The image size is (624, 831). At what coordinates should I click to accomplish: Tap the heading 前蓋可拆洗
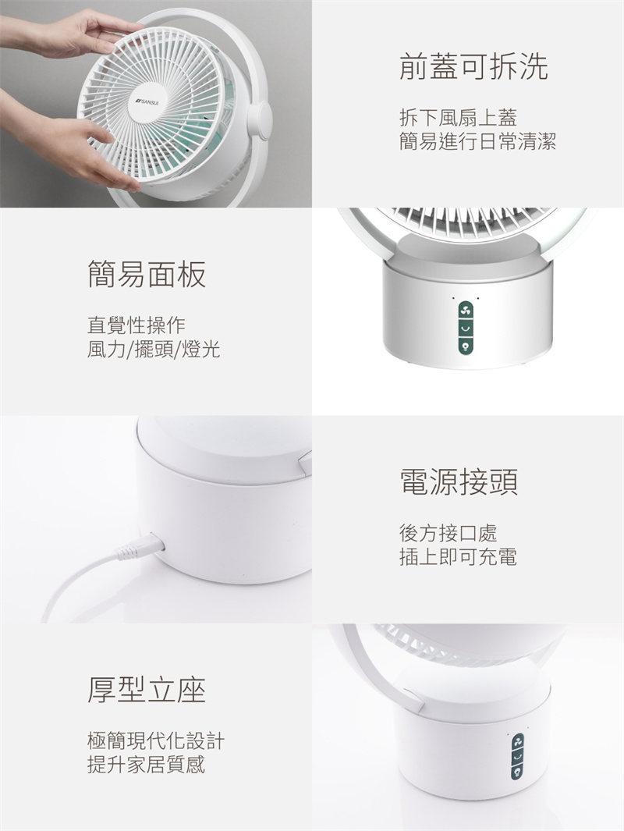pyautogui.click(x=473, y=66)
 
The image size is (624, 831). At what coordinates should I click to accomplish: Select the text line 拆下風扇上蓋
pyautogui.click(x=458, y=118)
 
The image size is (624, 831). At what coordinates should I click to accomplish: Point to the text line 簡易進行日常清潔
pyautogui.click(x=478, y=141)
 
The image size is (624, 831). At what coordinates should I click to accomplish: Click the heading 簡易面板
pyautogui.click(x=147, y=274)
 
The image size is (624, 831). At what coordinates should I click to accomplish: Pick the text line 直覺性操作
pyautogui.click(x=136, y=325)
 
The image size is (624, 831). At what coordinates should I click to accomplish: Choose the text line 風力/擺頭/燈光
pyautogui.click(x=154, y=350)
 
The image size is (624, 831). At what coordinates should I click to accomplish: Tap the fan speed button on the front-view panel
pyautogui.click(x=466, y=310)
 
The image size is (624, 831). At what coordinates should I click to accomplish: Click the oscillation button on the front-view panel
pyautogui.click(x=466, y=328)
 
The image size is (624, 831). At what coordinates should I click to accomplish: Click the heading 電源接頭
pyautogui.click(x=459, y=481)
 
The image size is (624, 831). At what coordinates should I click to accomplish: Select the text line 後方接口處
pyautogui.click(x=448, y=533)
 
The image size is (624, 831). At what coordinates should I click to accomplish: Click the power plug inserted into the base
pyautogui.click(x=140, y=547)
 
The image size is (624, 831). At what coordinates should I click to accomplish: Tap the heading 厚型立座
pyautogui.click(x=147, y=690)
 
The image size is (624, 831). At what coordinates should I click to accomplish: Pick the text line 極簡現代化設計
pyautogui.click(x=156, y=740)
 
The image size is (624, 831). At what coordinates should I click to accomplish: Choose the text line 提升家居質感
pyautogui.click(x=146, y=765)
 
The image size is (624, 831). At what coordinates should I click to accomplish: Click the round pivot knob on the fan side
pyautogui.click(x=260, y=122)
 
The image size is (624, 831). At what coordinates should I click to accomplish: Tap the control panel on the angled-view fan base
pyautogui.click(x=517, y=756)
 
